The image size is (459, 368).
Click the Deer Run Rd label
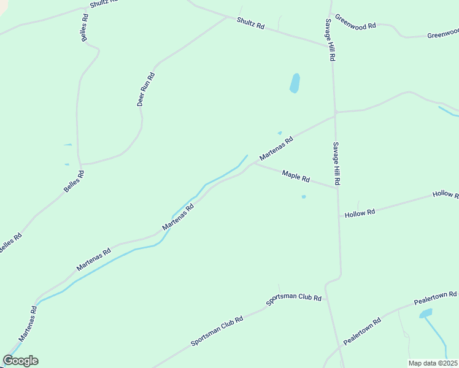click(146, 90)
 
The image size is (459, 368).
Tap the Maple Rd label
click(296, 177)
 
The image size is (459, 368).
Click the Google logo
click(20, 361)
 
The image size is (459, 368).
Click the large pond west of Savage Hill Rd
click(295, 83)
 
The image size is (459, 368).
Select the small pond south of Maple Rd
click(303, 197)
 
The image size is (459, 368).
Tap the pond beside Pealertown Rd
click(425, 314)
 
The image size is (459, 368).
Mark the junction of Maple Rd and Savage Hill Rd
click(337, 188)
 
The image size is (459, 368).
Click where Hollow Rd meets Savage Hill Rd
click(339, 216)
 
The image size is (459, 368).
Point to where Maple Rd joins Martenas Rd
click(253, 164)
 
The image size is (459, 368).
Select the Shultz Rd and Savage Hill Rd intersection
click(330, 44)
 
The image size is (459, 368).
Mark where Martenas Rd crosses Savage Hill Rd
click(334, 113)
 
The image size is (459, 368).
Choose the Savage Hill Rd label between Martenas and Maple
click(336, 164)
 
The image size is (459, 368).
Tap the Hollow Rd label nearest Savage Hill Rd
click(360, 213)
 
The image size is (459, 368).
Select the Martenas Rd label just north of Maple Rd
click(276, 148)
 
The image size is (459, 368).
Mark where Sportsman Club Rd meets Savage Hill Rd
click(326, 286)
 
